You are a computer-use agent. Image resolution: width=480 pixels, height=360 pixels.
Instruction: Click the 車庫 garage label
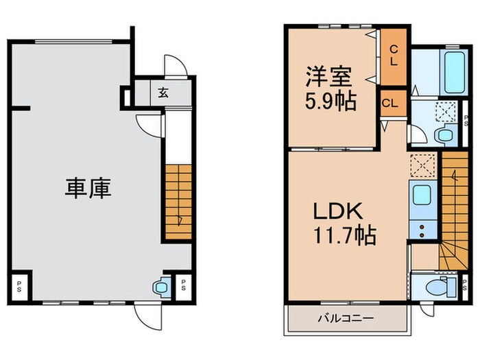click(x=88, y=189)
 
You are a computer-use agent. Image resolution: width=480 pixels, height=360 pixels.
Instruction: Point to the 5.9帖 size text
click(x=331, y=102)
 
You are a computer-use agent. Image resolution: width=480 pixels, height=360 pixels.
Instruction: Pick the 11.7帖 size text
click(x=344, y=236)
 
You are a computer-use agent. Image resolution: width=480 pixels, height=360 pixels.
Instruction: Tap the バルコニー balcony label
click(x=345, y=318)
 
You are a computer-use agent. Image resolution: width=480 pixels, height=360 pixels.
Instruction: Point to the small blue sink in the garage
click(x=162, y=286)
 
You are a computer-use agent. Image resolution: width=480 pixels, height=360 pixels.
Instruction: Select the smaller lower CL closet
click(x=389, y=104)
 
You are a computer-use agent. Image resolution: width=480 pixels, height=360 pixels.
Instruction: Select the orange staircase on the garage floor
click(x=177, y=202)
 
